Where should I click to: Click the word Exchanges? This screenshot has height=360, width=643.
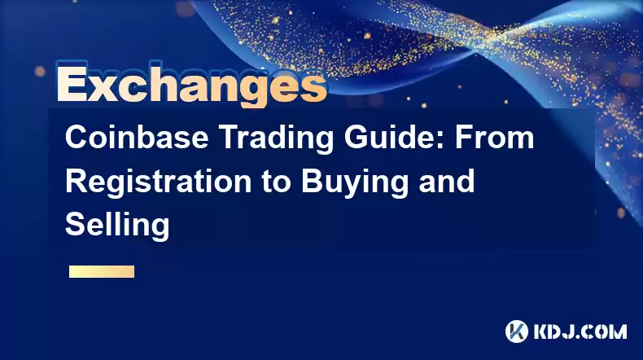pyautogui.click(x=191, y=85)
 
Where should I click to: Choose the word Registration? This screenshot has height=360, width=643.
pyautogui.click(x=158, y=181)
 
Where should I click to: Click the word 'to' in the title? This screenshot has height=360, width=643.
pyautogui.click(x=277, y=182)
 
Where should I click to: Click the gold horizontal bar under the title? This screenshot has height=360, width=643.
pyautogui.click(x=102, y=272)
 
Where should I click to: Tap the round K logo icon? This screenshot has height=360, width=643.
pyautogui.click(x=517, y=331)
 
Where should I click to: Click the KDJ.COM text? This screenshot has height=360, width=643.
pyautogui.click(x=580, y=331)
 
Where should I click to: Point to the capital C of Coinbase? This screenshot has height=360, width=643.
pyautogui.click(x=77, y=138)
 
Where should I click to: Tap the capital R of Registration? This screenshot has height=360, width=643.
pyautogui.click(x=77, y=181)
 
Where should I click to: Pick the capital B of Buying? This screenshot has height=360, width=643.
pyautogui.click(x=313, y=181)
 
